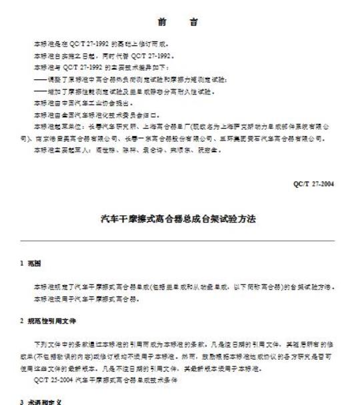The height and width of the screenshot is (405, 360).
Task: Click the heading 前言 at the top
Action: (x=179, y=23)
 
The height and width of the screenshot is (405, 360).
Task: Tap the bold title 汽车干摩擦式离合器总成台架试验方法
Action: (x=179, y=218)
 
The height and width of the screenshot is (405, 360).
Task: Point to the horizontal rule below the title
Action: (x=179, y=240)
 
